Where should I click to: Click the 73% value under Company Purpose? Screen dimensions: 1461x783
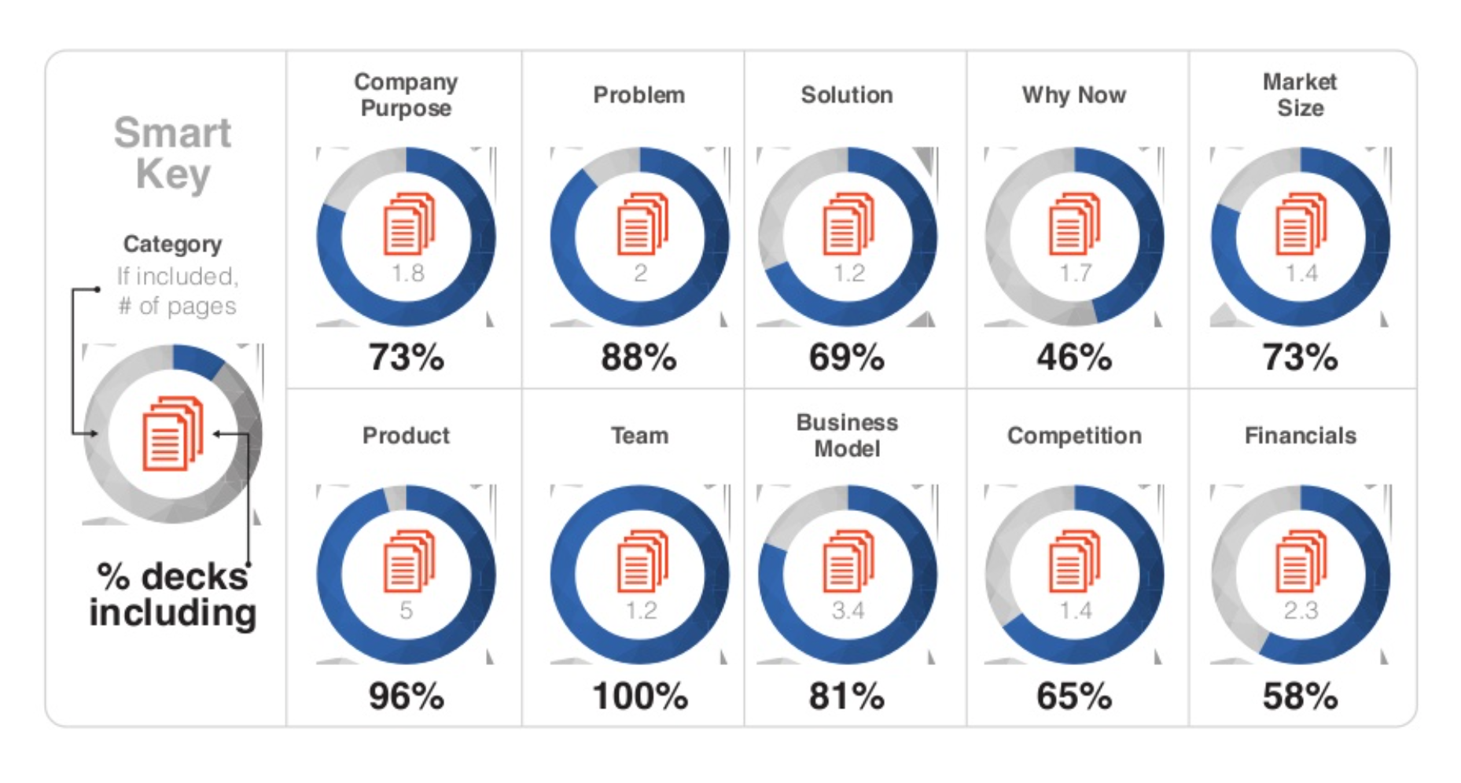tap(406, 358)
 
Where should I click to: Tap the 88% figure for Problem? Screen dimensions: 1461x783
tap(638, 358)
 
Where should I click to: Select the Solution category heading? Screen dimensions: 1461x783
tap(847, 95)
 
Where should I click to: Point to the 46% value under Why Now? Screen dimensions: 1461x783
tap(1074, 358)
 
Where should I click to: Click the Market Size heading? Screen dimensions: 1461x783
tap(1300, 94)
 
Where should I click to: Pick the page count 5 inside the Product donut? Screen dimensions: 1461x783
tap(406, 610)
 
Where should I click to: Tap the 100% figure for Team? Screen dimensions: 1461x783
tap(640, 697)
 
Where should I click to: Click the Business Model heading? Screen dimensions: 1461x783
tap(847, 436)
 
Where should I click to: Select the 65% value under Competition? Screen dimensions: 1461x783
tap(1074, 697)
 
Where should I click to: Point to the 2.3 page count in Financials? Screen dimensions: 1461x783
tap(1301, 610)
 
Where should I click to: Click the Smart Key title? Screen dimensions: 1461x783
tap(173, 153)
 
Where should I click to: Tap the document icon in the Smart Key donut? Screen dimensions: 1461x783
tap(173, 433)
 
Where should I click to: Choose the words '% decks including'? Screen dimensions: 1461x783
tap(173, 594)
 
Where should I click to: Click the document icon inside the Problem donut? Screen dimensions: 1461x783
tap(642, 224)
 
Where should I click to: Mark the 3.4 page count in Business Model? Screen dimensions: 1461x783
tap(848, 610)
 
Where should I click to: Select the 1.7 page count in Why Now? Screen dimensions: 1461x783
tap(1075, 273)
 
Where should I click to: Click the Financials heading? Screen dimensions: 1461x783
tap(1301, 436)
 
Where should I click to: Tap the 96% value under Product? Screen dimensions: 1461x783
tap(406, 697)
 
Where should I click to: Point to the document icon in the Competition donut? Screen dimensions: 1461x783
tap(1075, 561)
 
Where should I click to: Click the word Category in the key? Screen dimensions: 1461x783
tap(172, 244)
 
